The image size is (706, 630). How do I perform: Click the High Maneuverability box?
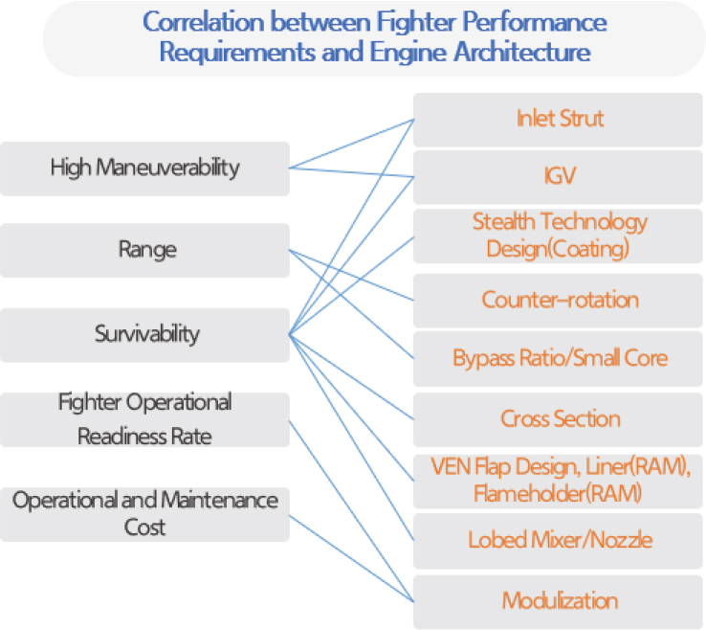tap(144, 169)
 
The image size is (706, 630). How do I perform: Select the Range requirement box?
tap(144, 251)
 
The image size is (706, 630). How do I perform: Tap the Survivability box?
tap(144, 334)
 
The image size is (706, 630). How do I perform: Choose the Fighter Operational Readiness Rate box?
tap(144, 418)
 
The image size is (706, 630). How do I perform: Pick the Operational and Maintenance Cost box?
tap(144, 513)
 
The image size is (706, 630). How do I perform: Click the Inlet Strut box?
tap(559, 120)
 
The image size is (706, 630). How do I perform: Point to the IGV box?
tap(559, 177)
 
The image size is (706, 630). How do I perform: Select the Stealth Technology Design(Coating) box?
tap(559, 236)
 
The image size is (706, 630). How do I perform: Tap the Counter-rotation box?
tap(559, 300)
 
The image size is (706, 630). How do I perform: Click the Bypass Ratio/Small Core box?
tap(559, 359)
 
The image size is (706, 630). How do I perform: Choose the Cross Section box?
tap(559, 418)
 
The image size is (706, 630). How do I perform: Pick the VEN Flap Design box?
tap(559, 481)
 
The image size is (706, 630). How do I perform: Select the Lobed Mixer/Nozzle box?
tap(559, 540)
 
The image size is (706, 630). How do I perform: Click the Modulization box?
tap(559, 601)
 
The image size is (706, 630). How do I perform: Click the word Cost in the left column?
tap(144, 527)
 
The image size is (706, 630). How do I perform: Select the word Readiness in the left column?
tap(120, 436)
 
